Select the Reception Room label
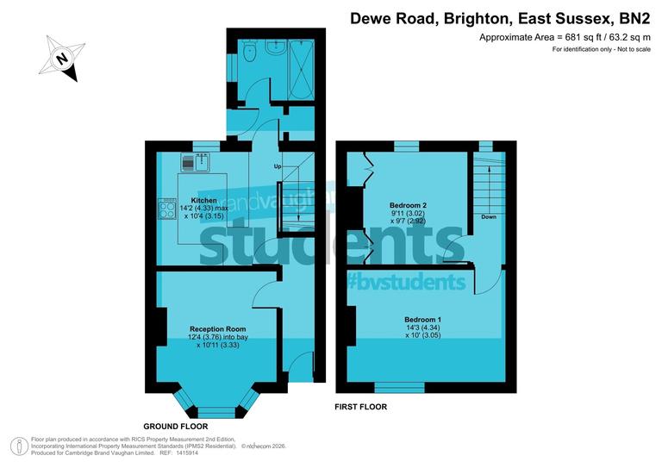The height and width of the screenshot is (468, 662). point(218,328)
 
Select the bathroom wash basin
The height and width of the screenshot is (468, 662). point(276,47)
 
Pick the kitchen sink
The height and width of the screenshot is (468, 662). point(197,161)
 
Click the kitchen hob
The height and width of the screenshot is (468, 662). point(165,209)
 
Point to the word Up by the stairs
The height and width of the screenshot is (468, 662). point(278,165)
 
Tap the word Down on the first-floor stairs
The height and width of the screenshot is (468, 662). point(489,216)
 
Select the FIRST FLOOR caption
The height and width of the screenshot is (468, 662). point(360,406)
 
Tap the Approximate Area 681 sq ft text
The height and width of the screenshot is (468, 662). point(565,37)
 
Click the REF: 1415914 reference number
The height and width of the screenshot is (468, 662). point(178,452)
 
